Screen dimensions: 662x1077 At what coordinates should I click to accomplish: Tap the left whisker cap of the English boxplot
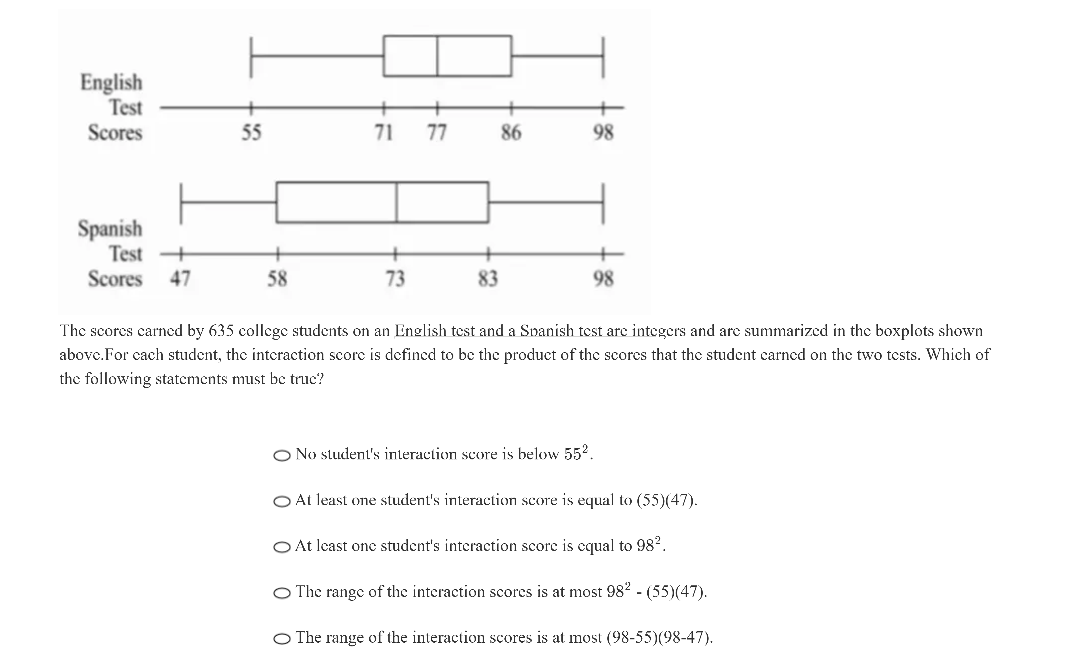point(251,57)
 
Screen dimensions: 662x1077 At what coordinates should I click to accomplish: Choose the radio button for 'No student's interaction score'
point(282,456)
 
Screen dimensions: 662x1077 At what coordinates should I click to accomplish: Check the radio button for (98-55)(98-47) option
point(282,639)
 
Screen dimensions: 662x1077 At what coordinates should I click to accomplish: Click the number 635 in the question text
point(221,331)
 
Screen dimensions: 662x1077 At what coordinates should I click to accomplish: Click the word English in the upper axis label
point(111,82)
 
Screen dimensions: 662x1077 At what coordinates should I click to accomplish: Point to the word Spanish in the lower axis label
point(110,229)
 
